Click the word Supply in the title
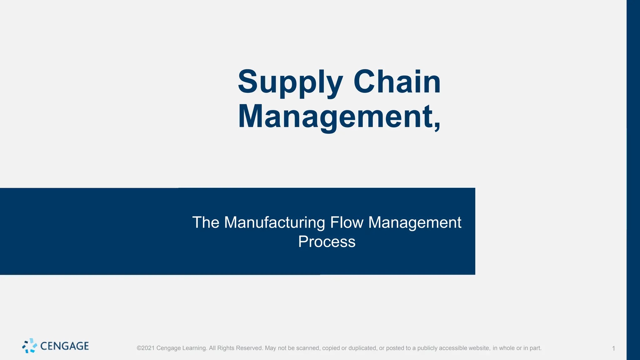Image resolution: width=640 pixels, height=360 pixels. pyautogui.click(x=290, y=82)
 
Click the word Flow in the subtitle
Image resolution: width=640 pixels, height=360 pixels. pyautogui.click(x=347, y=222)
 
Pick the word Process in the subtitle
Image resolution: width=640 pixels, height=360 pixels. pyautogui.click(x=327, y=242)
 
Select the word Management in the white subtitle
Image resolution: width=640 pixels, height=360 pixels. pyautogui.click(x=415, y=222)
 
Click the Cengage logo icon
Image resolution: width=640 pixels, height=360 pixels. pyautogui.click(x=29, y=346)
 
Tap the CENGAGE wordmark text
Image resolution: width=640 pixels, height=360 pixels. pyautogui.click(x=65, y=346)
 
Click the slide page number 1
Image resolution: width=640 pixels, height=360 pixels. pyautogui.click(x=613, y=348)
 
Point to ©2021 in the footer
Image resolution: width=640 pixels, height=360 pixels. pyautogui.click(x=146, y=348)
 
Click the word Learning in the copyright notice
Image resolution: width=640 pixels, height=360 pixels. pyautogui.click(x=194, y=348)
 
